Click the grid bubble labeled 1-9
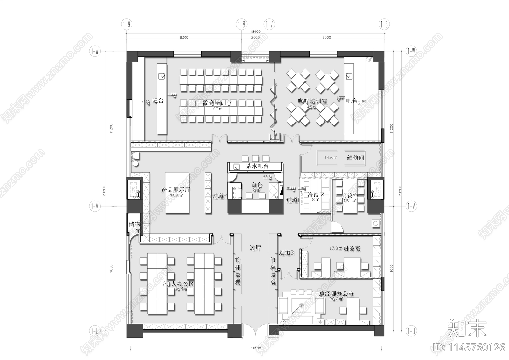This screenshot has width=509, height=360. (x=127, y=24)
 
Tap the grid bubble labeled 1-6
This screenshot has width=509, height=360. (x=384, y=24)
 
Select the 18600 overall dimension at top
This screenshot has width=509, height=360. (x=255, y=32)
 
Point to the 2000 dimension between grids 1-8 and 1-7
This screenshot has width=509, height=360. (x=255, y=37)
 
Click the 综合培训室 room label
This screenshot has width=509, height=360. (x=217, y=103)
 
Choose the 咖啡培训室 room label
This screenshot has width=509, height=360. (x=312, y=101)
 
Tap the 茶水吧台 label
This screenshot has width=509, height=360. (x=257, y=166)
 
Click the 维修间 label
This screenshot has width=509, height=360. (x=355, y=158)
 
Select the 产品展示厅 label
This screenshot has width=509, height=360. (x=176, y=190)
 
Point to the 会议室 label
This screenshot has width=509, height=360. (x=350, y=196)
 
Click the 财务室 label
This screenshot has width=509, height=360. (x=352, y=248)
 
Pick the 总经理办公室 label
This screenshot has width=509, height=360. (x=337, y=293)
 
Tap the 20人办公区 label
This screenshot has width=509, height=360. (x=178, y=284)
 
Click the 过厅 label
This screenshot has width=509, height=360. (x=255, y=248)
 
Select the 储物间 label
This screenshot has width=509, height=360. (x=135, y=227)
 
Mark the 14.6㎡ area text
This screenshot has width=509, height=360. (x=331, y=158)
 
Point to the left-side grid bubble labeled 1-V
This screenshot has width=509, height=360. (x=94, y=206)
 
